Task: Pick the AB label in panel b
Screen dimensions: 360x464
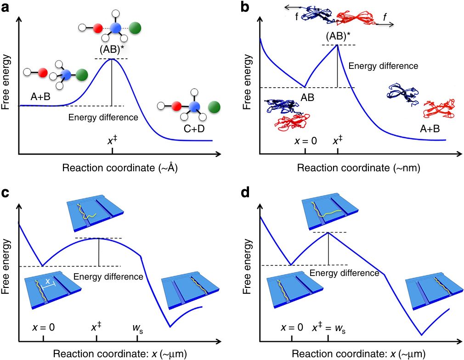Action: [307, 97]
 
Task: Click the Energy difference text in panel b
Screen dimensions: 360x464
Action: [383, 66]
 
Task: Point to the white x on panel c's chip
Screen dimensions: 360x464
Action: [47, 280]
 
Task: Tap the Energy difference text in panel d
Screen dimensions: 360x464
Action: [344, 273]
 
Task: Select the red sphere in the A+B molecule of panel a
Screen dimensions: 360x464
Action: [42, 72]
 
